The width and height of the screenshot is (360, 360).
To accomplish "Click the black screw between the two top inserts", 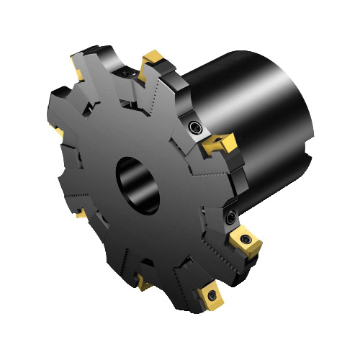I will tap(127, 72).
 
